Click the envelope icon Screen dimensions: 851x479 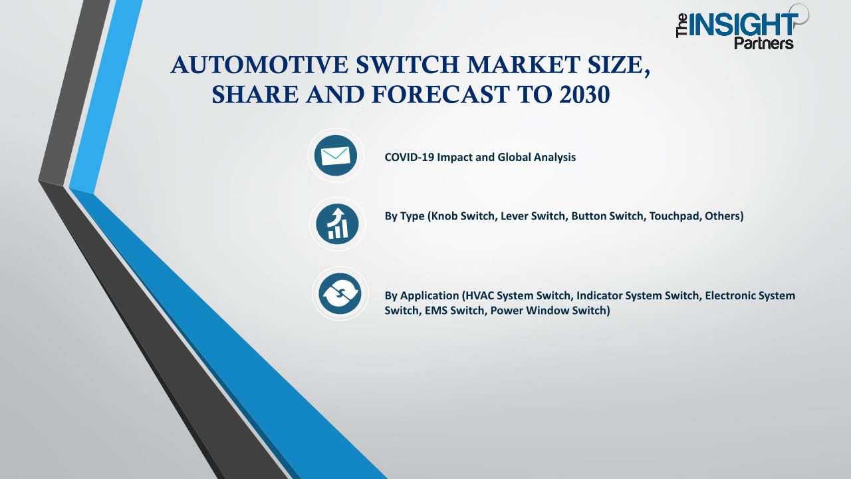336,156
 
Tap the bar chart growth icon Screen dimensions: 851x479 337,224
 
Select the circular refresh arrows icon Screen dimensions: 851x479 340,293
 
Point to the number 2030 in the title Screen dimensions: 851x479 584,94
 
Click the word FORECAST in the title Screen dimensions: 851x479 440,94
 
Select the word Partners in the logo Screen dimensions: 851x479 764,43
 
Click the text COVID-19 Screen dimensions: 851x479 409,157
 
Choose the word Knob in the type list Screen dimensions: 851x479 443,216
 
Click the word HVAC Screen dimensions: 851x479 479,295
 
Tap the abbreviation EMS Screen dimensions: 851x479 435,310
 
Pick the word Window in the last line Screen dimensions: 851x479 550,310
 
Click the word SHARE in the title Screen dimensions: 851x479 255,94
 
